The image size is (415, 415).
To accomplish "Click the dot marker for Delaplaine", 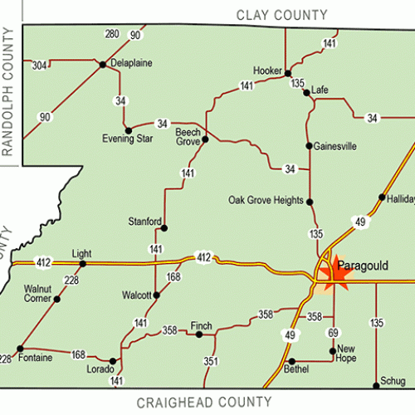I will pyautogui.click(x=102, y=64).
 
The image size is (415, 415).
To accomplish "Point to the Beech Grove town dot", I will pyautogui.click(x=205, y=139).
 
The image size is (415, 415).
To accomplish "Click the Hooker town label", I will pyautogui.click(x=267, y=71).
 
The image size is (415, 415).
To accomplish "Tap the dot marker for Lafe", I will pyautogui.click(x=306, y=93).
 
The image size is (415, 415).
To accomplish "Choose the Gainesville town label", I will pyautogui.click(x=335, y=146).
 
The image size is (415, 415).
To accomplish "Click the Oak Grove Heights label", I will pyautogui.click(x=266, y=200).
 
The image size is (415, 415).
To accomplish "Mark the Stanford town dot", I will pyautogui.click(x=164, y=227).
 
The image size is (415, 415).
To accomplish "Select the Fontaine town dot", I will pyautogui.click(x=20, y=349).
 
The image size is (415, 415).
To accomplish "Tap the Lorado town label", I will pyautogui.click(x=101, y=369).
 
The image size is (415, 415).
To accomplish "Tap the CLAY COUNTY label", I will pyautogui.click(x=282, y=14).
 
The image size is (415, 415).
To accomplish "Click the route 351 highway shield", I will pyautogui.click(x=211, y=361).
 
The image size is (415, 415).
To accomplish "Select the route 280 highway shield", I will pyautogui.click(x=113, y=34).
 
